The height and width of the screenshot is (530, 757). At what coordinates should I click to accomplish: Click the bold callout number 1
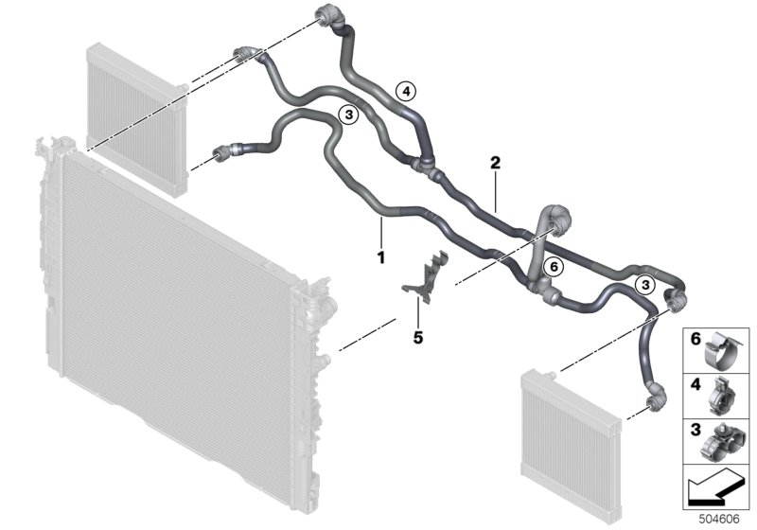(380, 256)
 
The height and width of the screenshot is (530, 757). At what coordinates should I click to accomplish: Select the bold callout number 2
(494, 162)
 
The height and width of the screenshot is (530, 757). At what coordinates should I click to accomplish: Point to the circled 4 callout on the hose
(404, 91)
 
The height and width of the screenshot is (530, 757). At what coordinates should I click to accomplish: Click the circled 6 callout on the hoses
(555, 268)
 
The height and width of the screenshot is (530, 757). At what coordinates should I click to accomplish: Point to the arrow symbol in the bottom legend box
(714, 489)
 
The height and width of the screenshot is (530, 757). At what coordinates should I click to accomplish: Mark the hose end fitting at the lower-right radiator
(652, 403)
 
